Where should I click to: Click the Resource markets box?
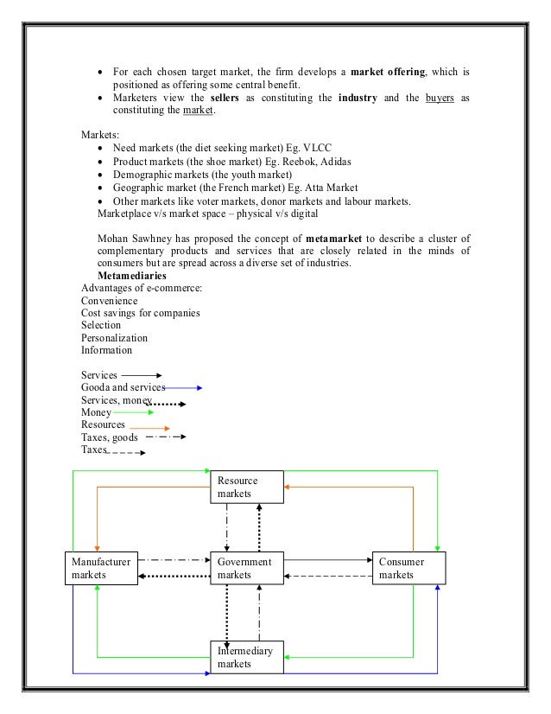pos(246,487)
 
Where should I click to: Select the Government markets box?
pos(246,568)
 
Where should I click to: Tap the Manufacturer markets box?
pos(100,568)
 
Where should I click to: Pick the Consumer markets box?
pos(408,568)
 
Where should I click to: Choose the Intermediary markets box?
pos(246,657)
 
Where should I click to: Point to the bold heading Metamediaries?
pos(132,276)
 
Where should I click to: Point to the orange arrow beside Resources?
pos(148,427)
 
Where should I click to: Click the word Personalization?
pos(114,338)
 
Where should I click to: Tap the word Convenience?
pos(109,301)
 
